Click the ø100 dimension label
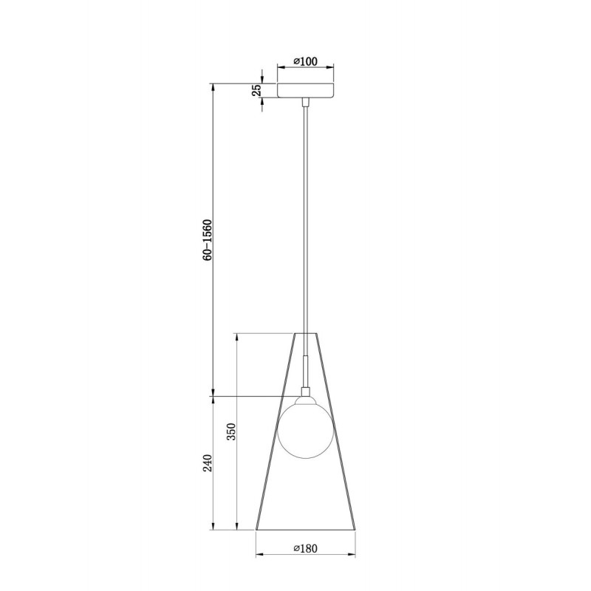pyautogui.click(x=306, y=61)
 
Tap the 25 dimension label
pyautogui.click(x=256, y=90)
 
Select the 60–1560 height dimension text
pyautogui.click(x=208, y=239)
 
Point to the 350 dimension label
pyautogui.click(x=231, y=431)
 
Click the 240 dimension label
pyautogui.click(x=208, y=463)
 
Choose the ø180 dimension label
pyautogui.click(x=306, y=548)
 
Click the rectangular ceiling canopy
pyautogui.click(x=306, y=90)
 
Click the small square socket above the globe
pyautogui.click(x=306, y=392)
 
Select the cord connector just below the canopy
pyautogui.click(x=306, y=102)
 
